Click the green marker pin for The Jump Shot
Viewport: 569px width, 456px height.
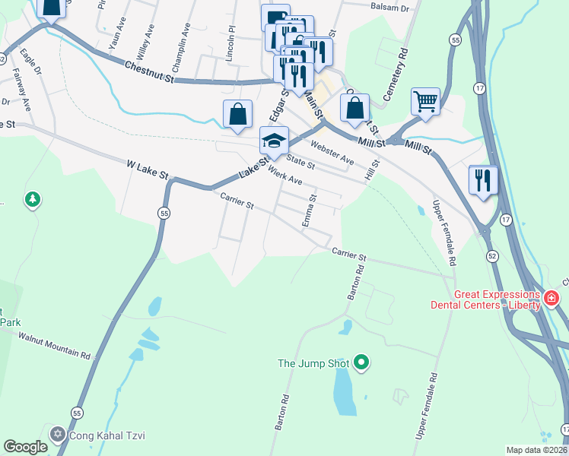tap(362, 363)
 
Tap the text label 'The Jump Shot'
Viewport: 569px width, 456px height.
tap(313, 364)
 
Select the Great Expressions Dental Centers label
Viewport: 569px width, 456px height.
tap(497, 299)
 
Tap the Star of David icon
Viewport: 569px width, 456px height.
tap(58, 435)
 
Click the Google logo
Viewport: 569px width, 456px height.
tap(25, 447)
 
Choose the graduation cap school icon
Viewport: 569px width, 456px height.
tap(274, 140)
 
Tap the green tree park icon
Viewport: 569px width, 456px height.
tap(32, 200)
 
